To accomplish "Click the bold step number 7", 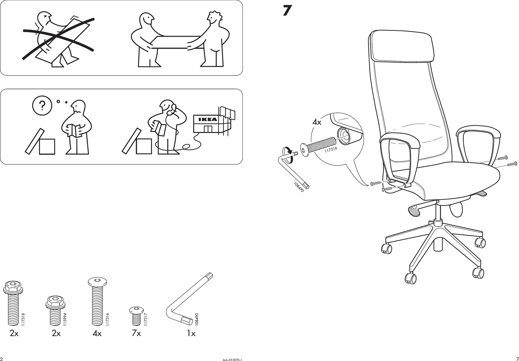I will [287, 11].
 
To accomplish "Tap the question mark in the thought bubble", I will [42, 105].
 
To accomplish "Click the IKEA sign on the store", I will [208, 119].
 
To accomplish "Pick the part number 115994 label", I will [65, 319].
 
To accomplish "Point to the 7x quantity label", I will [136, 333].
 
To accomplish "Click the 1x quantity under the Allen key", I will [191, 333].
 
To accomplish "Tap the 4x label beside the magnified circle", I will [317, 122].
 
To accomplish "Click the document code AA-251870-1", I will [232, 360].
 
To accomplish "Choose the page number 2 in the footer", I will [2, 359].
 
